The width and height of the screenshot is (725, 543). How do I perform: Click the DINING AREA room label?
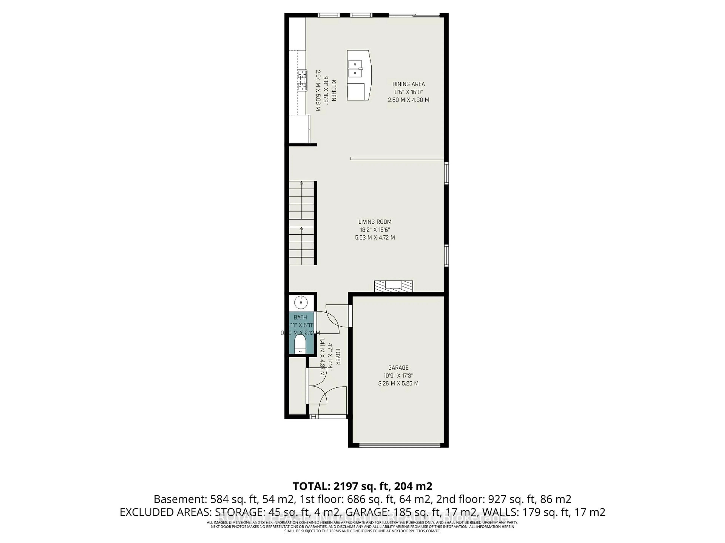click(408, 84)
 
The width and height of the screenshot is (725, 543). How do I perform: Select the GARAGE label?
click(398, 368)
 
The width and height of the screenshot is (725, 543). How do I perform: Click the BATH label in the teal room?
click(300, 317)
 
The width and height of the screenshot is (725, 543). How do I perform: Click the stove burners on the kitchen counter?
click(73, 80)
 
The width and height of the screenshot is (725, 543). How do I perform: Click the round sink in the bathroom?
click(300, 302)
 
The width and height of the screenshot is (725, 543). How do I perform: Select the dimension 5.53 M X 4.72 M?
click(375, 238)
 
